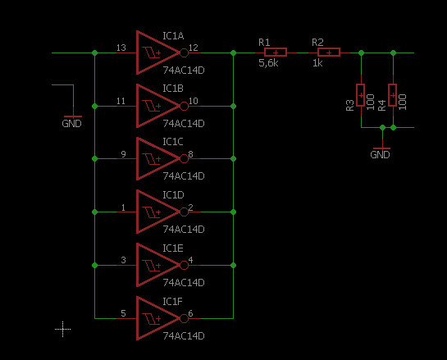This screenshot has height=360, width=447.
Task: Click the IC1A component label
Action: tap(173, 36)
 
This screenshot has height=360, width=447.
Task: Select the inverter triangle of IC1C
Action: tap(138, 159)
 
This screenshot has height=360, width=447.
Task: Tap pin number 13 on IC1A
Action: tap(121, 48)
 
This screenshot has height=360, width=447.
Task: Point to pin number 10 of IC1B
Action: tap(194, 101)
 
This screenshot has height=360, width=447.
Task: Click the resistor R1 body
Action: tap(276, 52)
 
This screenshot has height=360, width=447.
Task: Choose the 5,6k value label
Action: tap(268, 63)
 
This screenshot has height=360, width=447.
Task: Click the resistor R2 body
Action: tap(329, 52)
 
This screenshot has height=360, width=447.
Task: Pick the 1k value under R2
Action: tap(317, 63)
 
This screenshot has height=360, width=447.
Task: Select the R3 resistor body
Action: tap(361, 95)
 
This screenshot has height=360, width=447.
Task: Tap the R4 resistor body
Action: tap(393, 95)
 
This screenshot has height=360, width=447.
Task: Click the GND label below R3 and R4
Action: tap(380, 155)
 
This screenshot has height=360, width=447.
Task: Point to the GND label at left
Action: tap(71, 124)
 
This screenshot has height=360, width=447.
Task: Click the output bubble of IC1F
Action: tap(185, 318)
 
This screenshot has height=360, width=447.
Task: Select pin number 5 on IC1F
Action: tap(123, 313)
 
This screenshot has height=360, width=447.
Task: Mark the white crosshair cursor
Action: tap(62, 329)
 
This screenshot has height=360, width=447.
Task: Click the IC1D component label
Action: tap(173, 195)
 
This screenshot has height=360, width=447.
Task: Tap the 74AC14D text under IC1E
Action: tap(184, 282)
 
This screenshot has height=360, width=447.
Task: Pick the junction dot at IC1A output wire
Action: tap(233, 52)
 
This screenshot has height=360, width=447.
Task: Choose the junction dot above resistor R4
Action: tap(393, 52)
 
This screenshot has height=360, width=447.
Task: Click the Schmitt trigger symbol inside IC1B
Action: tap(152, 106)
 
